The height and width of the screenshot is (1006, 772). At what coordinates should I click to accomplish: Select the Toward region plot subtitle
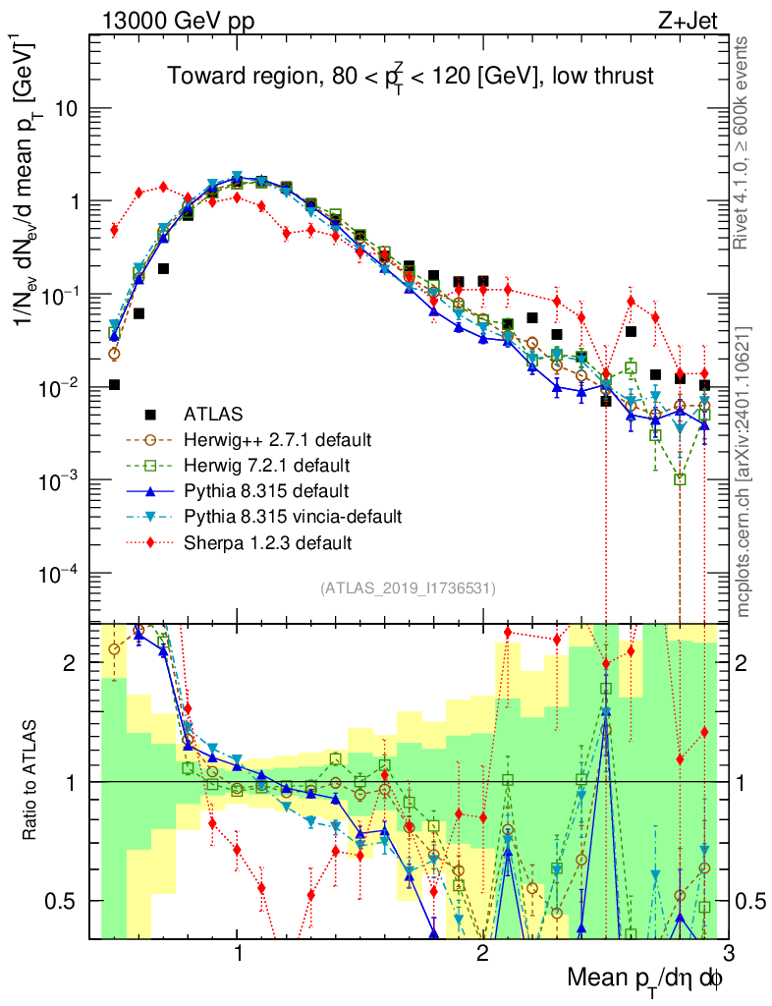click(x=410, y=77)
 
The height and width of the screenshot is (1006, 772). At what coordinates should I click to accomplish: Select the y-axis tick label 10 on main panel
click(x=66, y=109)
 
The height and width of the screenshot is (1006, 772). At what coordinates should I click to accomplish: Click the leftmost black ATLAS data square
click(x=114, y=384)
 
